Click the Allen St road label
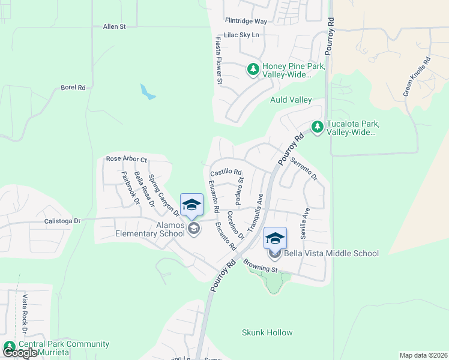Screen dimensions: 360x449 [x=114, y=27]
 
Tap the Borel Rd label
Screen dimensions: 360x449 [x=73, y=88]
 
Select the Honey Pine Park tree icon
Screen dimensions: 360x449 [x=253, y=70]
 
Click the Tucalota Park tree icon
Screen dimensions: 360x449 [x=317, y=127]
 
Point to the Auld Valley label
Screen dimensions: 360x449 [x=291, y=100]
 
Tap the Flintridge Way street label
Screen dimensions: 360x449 [x=246, y=21]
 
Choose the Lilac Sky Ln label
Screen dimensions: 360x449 [x=241, y=35]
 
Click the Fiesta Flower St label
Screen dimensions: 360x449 [x=219, y=60]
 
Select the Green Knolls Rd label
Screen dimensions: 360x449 [x=417, y=76]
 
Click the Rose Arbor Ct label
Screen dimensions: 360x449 [x=126, y=159]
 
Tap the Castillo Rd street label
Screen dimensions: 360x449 [x=226, y=172]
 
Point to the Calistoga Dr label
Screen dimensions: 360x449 [x=62, y=221]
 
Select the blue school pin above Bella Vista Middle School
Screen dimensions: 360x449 [x=275, y=238]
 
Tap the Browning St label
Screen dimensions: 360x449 [x=259, y=265]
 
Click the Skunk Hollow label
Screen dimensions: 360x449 [x=267, y=332]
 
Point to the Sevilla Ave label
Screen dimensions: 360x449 [x=305, y=223]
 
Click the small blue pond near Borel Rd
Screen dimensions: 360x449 [x=147, y=91]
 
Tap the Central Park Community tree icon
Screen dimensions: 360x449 [x=10, y=347]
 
